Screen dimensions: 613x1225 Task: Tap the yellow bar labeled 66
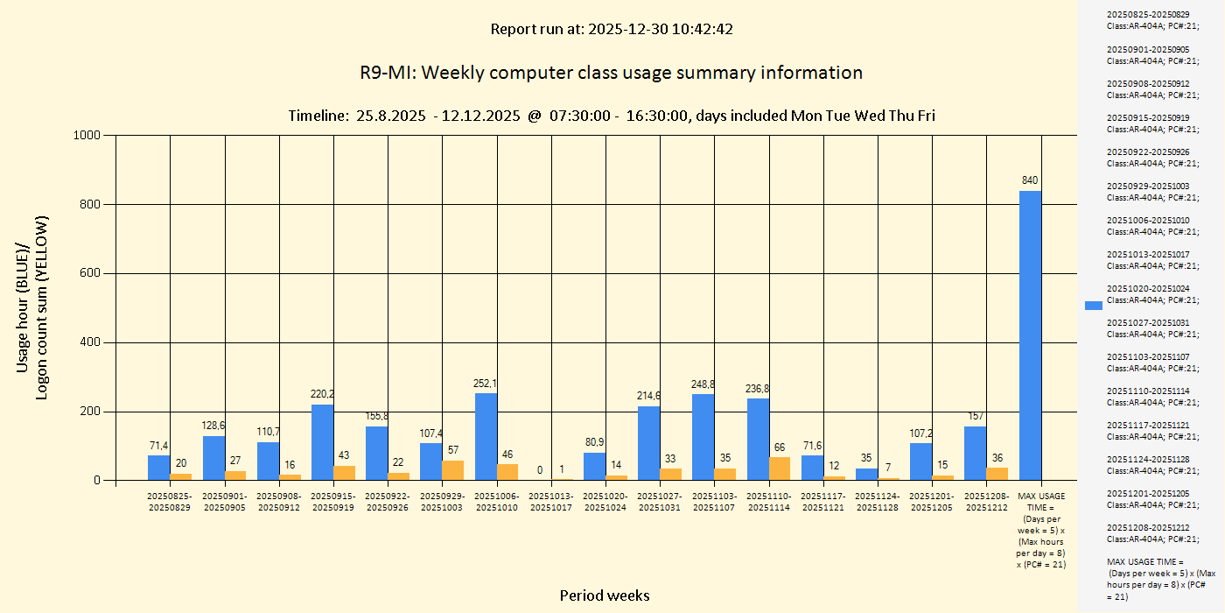click(x=779, y=469)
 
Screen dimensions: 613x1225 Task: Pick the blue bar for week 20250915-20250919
click(x=322, y=442)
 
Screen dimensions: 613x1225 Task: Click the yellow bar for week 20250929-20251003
click(x=452, y=470)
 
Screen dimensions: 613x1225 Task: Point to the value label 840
click(x=1030, y=180)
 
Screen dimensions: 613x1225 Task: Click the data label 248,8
click(x=703, y=384)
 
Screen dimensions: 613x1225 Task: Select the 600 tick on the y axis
click(x=90, y=273)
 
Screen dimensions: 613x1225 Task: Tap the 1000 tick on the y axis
click(x=87, y=135)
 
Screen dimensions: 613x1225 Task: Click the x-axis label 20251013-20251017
click(x=550, y=502)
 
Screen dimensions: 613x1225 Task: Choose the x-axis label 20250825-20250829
click(x=169, y=502)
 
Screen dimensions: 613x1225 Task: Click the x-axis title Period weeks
click(x=605, y=595)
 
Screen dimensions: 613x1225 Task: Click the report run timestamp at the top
click(x=612, y=29)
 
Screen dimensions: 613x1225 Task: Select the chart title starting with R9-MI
click(x=611, y=73)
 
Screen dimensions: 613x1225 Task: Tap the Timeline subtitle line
click(x=612, y=116)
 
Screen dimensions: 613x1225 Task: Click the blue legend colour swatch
click(x=1093, y=305)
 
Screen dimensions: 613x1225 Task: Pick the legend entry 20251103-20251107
click(x=1147, y=363)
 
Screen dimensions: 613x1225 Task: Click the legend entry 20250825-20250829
click(x=1147, y=19)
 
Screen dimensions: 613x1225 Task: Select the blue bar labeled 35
click(x=866, y=474)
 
